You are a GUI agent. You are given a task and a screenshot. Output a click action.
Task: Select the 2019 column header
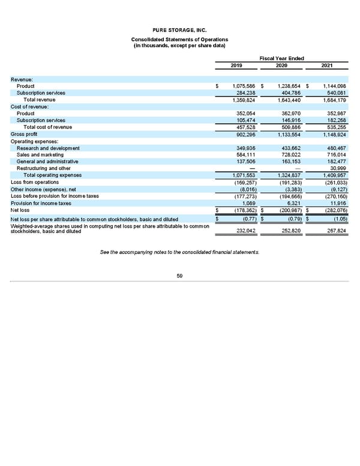(x=236, y=65)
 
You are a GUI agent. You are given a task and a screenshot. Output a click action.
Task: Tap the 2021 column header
(x=327, y=65)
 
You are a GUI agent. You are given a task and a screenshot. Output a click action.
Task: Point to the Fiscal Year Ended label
(x=281, y=58)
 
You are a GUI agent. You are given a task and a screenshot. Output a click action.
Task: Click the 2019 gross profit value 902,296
(x=245, y=134)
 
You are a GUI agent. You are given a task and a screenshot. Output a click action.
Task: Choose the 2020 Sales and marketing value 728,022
(x=290, y=155)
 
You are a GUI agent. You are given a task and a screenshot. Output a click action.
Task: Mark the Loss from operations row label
(x=35, y=182)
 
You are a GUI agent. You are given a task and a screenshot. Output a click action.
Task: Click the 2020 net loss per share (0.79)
(x=293, y=219)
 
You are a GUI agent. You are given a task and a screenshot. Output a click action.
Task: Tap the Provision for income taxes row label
(x=41, y=202)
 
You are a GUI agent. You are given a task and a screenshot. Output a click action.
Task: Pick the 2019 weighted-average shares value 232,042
(x=247, y=230)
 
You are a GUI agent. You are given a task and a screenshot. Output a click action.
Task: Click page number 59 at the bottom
(x=180, y=276)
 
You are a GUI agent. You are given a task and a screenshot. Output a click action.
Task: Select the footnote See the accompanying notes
(x=180, y=252)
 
